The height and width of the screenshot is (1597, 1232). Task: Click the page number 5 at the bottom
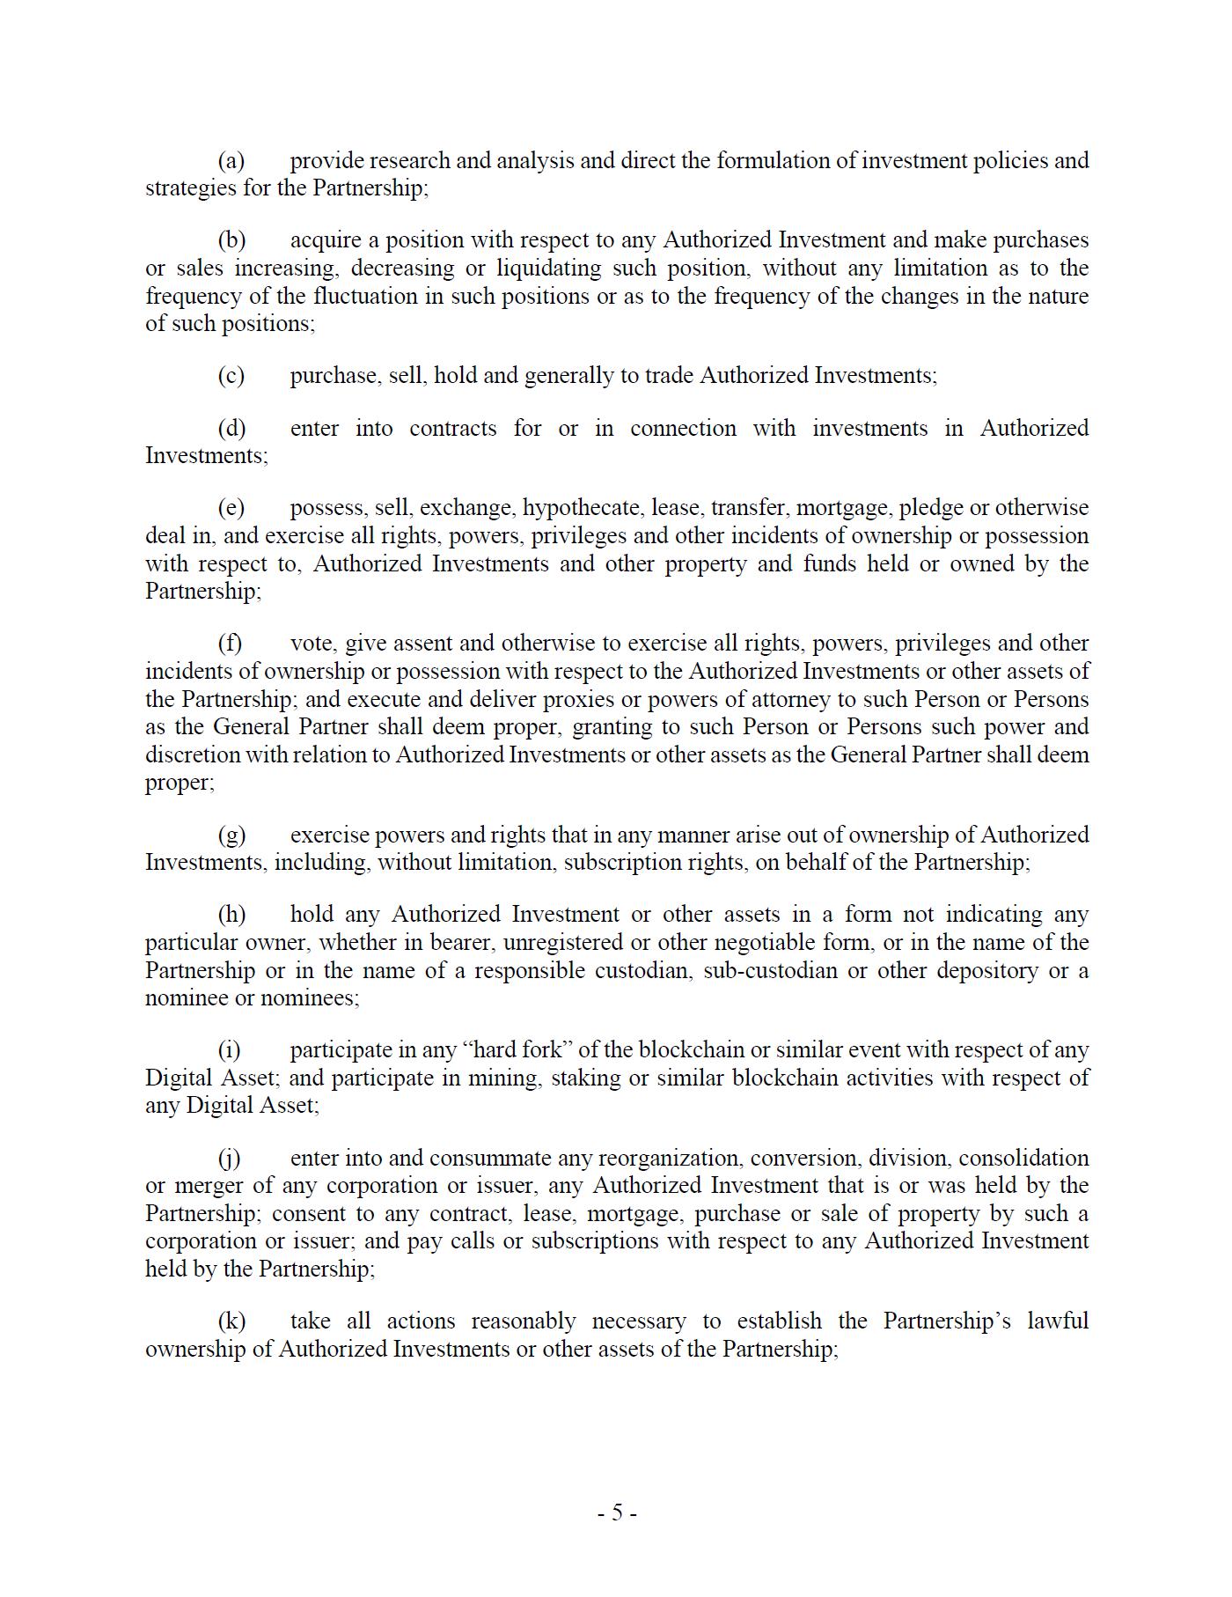(617, 1512)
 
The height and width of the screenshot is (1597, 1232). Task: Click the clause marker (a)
(231, 160)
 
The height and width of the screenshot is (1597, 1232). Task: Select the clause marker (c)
(231, 376)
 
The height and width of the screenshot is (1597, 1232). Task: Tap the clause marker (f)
(230, 644)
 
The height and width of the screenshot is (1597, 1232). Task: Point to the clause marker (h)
(231, 915)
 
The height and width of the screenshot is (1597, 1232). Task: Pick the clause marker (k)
(231, 1321)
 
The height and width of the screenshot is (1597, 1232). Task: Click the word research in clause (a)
(409, 160)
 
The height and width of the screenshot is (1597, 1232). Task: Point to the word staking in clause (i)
(582, 1078)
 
